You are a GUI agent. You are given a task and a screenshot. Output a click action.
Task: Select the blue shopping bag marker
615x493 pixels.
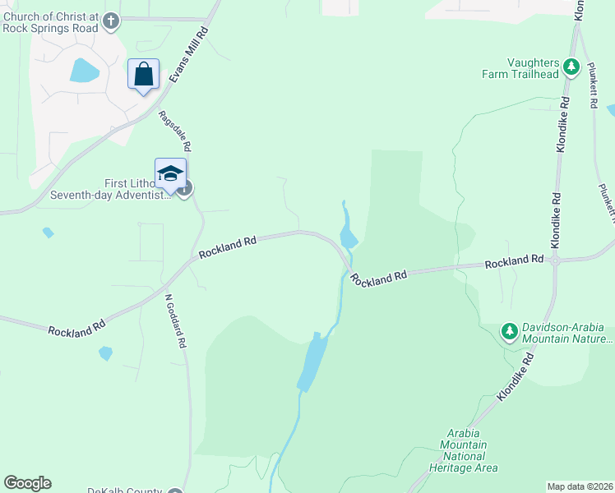tap(144, 75)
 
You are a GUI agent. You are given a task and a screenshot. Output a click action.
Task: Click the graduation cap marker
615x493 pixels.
tap(170, 174)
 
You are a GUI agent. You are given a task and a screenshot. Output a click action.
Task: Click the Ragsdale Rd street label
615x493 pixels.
tap(174, 131)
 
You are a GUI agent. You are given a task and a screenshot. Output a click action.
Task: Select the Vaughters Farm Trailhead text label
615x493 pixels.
tap(520, 68)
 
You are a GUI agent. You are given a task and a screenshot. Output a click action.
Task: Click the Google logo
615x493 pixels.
tap(27, 483)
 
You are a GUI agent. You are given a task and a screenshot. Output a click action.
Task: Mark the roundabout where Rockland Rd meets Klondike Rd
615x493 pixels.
tap(556, 261)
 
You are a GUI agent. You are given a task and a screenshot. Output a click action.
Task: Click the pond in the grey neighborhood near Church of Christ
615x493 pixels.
tap(84, 71)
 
